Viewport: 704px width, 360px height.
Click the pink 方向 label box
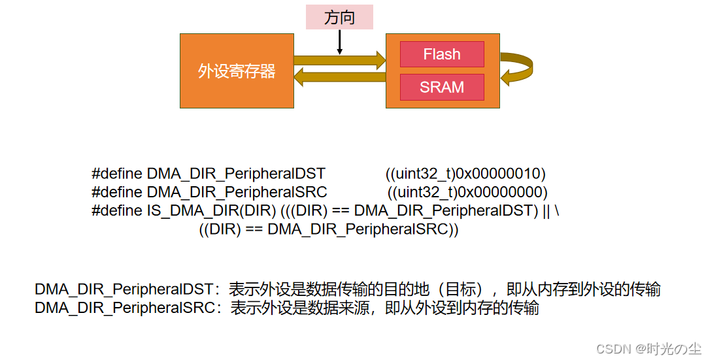[x=339, y=17]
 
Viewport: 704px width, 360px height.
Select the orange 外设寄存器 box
[x=237, y=71]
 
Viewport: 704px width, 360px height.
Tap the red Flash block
[x=442, y=54]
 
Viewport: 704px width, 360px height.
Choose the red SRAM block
[x=442, y=87]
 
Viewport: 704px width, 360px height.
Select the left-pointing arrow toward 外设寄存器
[x=339, y=78]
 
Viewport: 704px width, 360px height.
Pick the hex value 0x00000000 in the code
[x=500, y=192]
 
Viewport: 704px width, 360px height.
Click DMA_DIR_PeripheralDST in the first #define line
[x=236, y=174]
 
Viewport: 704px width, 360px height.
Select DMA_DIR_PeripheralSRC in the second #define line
[x=237, y=192]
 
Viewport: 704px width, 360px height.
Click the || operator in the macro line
[x=546, y=211]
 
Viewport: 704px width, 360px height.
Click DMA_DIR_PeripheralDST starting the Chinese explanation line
[x=124, y=289]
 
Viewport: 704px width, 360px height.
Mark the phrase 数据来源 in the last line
[x=340, y=308]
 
